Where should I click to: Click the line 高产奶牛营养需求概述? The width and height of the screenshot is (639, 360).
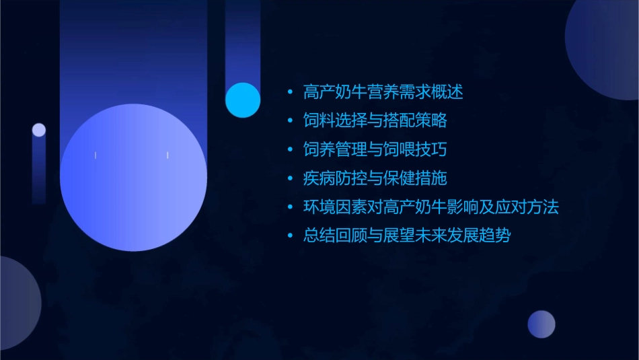383,92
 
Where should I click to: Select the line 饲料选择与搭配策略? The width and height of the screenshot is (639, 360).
375,121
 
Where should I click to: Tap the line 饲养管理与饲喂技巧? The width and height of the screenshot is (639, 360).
375,149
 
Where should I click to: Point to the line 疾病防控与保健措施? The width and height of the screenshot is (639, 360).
375,178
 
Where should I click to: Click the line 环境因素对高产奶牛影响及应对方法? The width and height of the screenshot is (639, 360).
431,207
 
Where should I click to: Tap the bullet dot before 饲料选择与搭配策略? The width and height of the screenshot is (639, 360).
290,122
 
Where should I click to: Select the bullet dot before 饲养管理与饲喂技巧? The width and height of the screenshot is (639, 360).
290,150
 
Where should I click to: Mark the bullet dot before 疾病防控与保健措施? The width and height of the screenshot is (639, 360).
290,179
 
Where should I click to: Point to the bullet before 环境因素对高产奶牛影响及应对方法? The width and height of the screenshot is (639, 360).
290,208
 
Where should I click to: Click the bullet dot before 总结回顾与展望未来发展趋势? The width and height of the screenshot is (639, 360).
290,236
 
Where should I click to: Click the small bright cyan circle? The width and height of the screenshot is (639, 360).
243,100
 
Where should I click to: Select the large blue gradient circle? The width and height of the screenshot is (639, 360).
133,178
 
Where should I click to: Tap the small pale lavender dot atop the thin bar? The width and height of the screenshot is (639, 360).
39,130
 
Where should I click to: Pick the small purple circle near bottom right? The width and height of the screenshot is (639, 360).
541,324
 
